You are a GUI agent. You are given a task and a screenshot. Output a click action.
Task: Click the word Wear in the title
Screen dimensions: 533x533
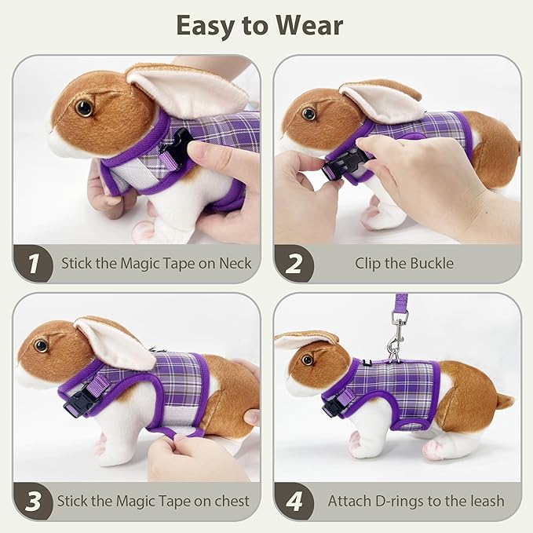click(x=308, y=26)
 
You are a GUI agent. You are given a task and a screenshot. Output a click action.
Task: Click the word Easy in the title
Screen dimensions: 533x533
click(x=206, y=26)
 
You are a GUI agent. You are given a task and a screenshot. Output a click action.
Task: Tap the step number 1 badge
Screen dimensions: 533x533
click(x=33, y=263)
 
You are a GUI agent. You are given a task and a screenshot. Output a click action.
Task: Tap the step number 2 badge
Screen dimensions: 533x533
click(x=294, y=263)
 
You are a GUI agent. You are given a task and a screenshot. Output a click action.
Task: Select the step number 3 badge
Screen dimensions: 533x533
click(x=33, y=500)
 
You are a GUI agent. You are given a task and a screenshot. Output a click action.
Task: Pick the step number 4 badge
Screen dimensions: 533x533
click(x=294, y=500)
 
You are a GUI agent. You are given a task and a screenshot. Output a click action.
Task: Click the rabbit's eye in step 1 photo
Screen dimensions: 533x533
click(x=83, y=108)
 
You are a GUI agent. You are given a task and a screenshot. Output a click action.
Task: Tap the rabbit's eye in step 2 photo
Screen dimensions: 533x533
click(x=309, y=114)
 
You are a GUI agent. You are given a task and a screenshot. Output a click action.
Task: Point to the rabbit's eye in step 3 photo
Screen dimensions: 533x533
click(x=41, y=345)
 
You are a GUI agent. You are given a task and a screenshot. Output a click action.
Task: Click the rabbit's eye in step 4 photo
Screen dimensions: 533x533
click(x=307, y=360)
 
